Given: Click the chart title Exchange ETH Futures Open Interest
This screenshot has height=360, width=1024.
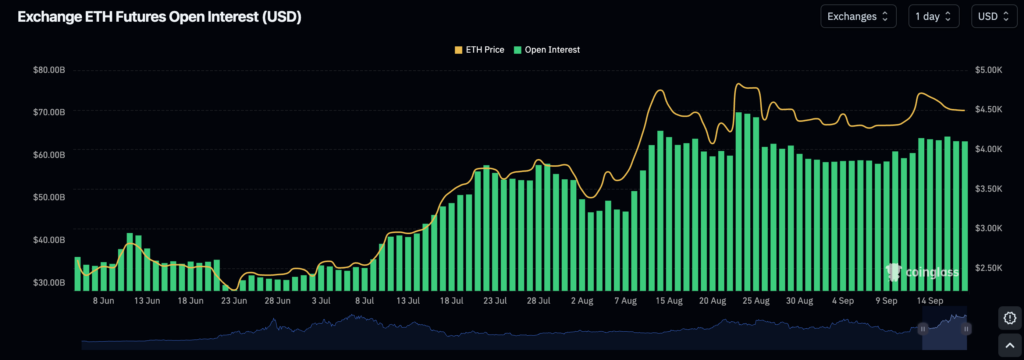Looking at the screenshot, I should pyautogui.click(x=159, y=17).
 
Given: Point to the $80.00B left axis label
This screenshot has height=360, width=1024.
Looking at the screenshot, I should pyautogui.click(x=48, y=70).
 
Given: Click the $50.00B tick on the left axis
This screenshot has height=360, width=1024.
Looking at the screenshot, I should pyautogui.click(x=48, y=197).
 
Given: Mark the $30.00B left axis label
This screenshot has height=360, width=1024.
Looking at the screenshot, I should pyautogui.click(x=48, y=283).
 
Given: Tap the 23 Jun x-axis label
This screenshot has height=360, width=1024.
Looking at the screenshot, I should pyautogui.click(x=234, y=300).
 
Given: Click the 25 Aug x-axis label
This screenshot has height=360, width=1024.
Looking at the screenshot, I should pyautogui.click(x=756, y=300).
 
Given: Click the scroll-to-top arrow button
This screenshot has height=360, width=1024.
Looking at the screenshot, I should pyautogui.click(x=1010, y=344).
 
